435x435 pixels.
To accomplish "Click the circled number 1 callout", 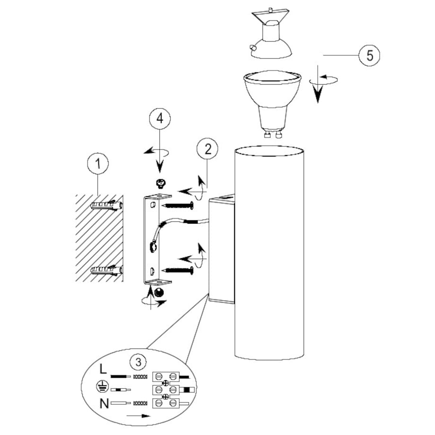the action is point(98,164).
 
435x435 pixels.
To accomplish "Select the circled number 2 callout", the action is point(208,149).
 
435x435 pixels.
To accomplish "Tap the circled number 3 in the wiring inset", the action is point(138,362).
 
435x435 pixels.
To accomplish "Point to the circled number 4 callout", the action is point(160,119).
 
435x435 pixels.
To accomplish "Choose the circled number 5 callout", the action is point(369,55).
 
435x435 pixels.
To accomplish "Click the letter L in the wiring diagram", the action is point(103,369).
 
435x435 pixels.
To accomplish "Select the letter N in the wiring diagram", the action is point(104,403).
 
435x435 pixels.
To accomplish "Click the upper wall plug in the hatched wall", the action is point(106,206).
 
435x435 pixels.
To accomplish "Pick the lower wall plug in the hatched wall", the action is point(106,270).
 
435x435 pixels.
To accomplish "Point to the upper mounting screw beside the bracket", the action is point(179,206).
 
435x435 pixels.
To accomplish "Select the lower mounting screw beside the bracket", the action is point(179,270).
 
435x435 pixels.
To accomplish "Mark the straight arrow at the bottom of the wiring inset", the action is point(138,416).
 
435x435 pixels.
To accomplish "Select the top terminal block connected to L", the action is point(166,376).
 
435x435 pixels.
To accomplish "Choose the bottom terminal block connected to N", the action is point(166,403).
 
